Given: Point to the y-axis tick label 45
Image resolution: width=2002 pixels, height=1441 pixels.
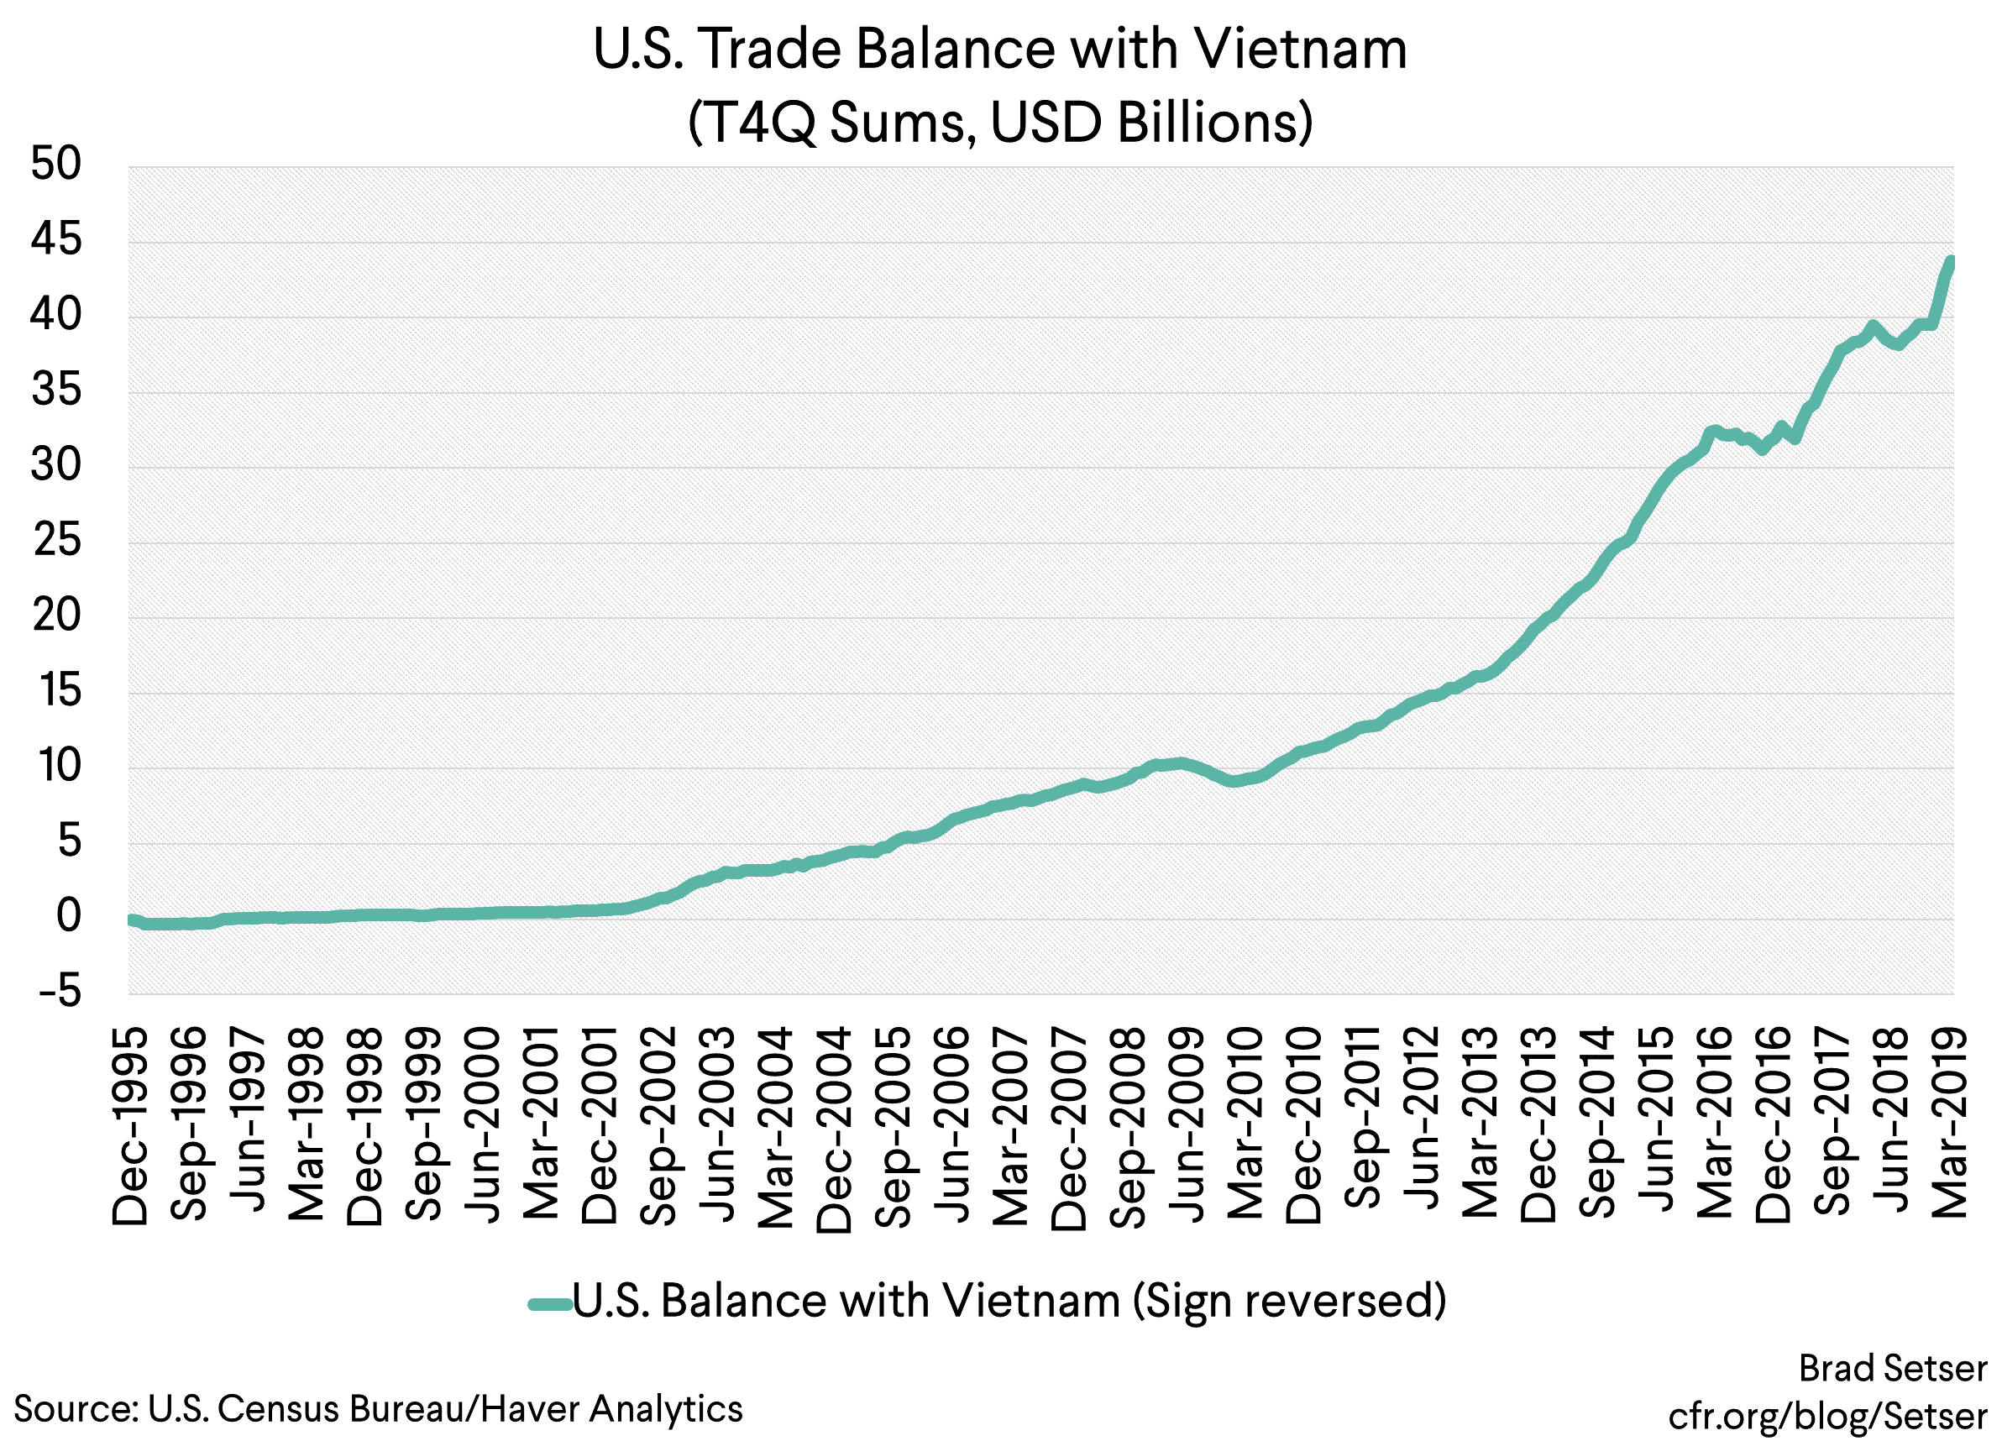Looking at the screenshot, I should pyautogui.click(x=55, y=239).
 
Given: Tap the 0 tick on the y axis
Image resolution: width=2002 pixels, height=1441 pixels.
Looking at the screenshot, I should pyautogui.click(x=68, y=917).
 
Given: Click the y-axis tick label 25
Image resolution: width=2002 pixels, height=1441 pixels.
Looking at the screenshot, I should pyautogui.click(x=56, y=541).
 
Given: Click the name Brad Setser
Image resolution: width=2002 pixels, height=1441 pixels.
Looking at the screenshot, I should pyautogui.click(x=1893, y=1369).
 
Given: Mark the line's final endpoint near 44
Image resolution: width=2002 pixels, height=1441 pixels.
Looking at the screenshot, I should pyautogui.click(x=1952, y=261).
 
